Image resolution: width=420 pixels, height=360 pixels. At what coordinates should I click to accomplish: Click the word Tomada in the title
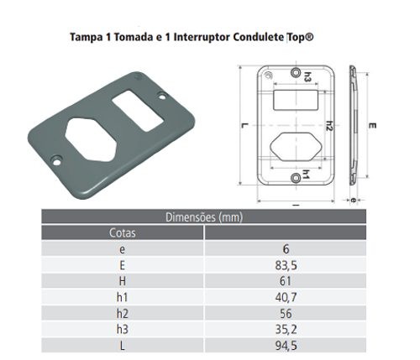133,37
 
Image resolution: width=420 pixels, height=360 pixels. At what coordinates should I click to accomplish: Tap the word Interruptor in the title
202,37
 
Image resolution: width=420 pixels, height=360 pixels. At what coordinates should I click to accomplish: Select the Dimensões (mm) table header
204,217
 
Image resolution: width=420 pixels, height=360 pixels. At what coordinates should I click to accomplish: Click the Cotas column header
123,232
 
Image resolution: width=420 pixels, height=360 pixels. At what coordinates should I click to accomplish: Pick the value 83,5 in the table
286,265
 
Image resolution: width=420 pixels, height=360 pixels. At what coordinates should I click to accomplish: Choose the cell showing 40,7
286,297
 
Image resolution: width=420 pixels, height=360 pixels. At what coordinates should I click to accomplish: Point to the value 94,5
286,346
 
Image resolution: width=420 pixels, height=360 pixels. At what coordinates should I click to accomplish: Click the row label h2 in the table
123,314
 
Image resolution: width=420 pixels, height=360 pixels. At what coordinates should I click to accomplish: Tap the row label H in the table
123,281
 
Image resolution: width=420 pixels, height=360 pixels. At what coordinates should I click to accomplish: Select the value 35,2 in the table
286,330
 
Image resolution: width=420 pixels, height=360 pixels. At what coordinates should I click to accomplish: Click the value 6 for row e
286,249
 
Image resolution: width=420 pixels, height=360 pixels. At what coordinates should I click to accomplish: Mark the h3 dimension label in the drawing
307,76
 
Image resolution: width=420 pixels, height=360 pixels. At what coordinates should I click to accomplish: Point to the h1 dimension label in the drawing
306,175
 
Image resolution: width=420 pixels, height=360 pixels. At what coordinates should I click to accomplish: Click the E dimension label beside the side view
372,126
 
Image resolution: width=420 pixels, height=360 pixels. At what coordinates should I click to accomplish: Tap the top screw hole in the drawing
296,72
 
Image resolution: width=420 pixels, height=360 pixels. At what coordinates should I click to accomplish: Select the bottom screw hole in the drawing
296,178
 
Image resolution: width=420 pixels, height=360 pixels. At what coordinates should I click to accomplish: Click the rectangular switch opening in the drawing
296,100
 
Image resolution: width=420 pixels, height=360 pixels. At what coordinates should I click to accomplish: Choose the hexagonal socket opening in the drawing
296,147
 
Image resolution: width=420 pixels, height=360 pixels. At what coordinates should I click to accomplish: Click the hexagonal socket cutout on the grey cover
90,139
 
